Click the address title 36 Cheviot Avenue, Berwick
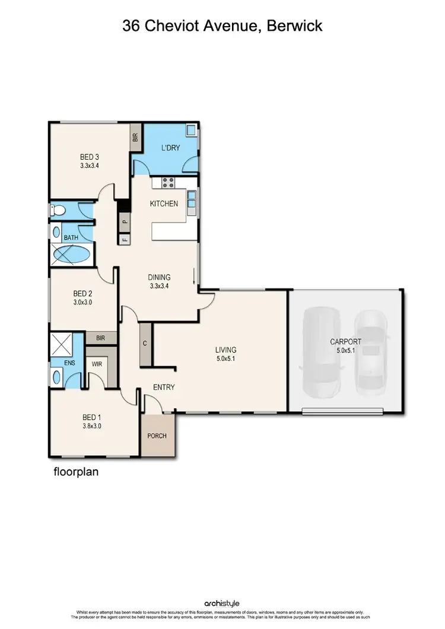222,26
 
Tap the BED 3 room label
89,157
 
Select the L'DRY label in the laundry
170,148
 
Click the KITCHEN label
164,204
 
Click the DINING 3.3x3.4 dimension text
159,286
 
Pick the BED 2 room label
82,293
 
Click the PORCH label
157,436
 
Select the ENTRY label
164,387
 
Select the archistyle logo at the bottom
222,603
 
